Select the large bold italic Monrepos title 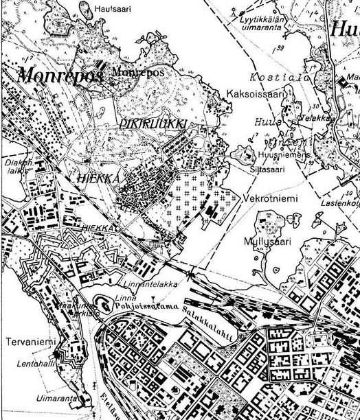coord(60,74)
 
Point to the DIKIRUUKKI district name coord(154,122)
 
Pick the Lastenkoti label coord(344,203)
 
